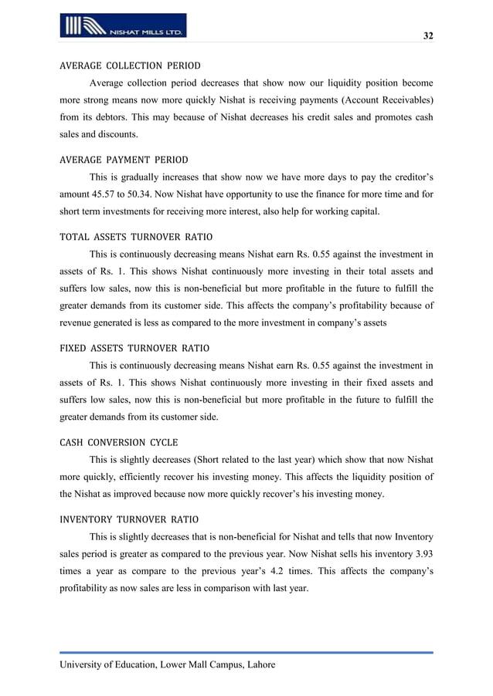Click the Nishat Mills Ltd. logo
coord(122,25)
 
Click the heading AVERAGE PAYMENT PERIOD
coord(124,160)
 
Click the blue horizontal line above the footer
coord(246,653)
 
